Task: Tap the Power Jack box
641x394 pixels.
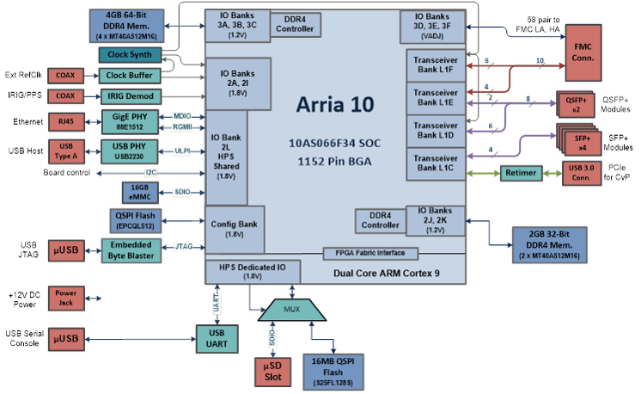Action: pyautogui.click(x=66, y=299)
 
